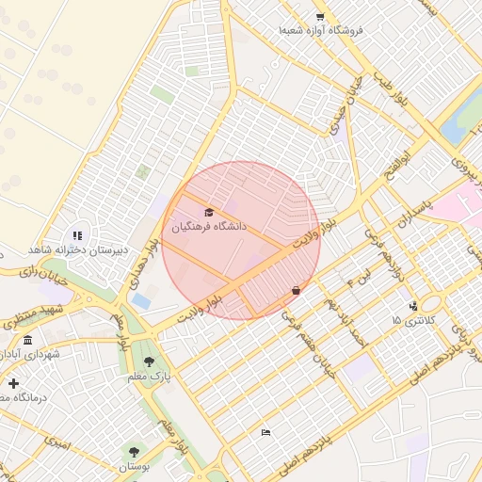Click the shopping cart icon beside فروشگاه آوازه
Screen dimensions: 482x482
[320, 17]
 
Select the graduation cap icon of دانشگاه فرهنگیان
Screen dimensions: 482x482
[208, 212]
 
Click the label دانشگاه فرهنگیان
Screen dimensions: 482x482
[208, 227]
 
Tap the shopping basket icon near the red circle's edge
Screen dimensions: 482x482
[297, 291]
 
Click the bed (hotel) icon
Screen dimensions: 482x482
[265, 432]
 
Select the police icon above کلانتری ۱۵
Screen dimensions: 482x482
[413, 306]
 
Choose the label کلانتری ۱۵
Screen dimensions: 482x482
[414, 321]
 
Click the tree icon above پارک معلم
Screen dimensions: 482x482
[149, 361]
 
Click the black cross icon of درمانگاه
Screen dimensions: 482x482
[13, 383]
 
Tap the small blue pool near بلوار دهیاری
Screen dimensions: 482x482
[141, 300]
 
